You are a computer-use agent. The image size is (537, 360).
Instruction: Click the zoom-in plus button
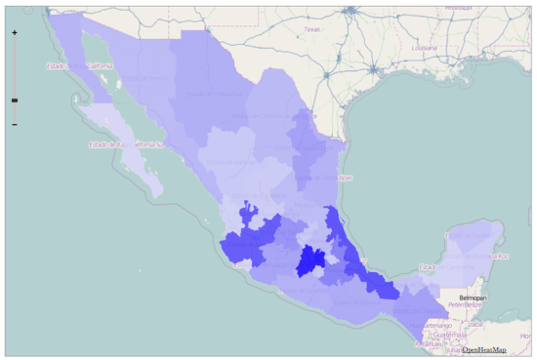point(14,32)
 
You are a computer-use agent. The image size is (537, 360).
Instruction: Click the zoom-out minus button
point(14,125)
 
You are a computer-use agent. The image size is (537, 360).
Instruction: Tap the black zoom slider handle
point(14,100)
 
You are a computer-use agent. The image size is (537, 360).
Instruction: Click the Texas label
point(311,30)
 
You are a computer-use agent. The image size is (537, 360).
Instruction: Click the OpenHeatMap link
point(484,349)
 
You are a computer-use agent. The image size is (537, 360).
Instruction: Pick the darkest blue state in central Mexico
point(311,260)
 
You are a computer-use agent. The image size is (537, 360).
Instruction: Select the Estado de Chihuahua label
point(200,93)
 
